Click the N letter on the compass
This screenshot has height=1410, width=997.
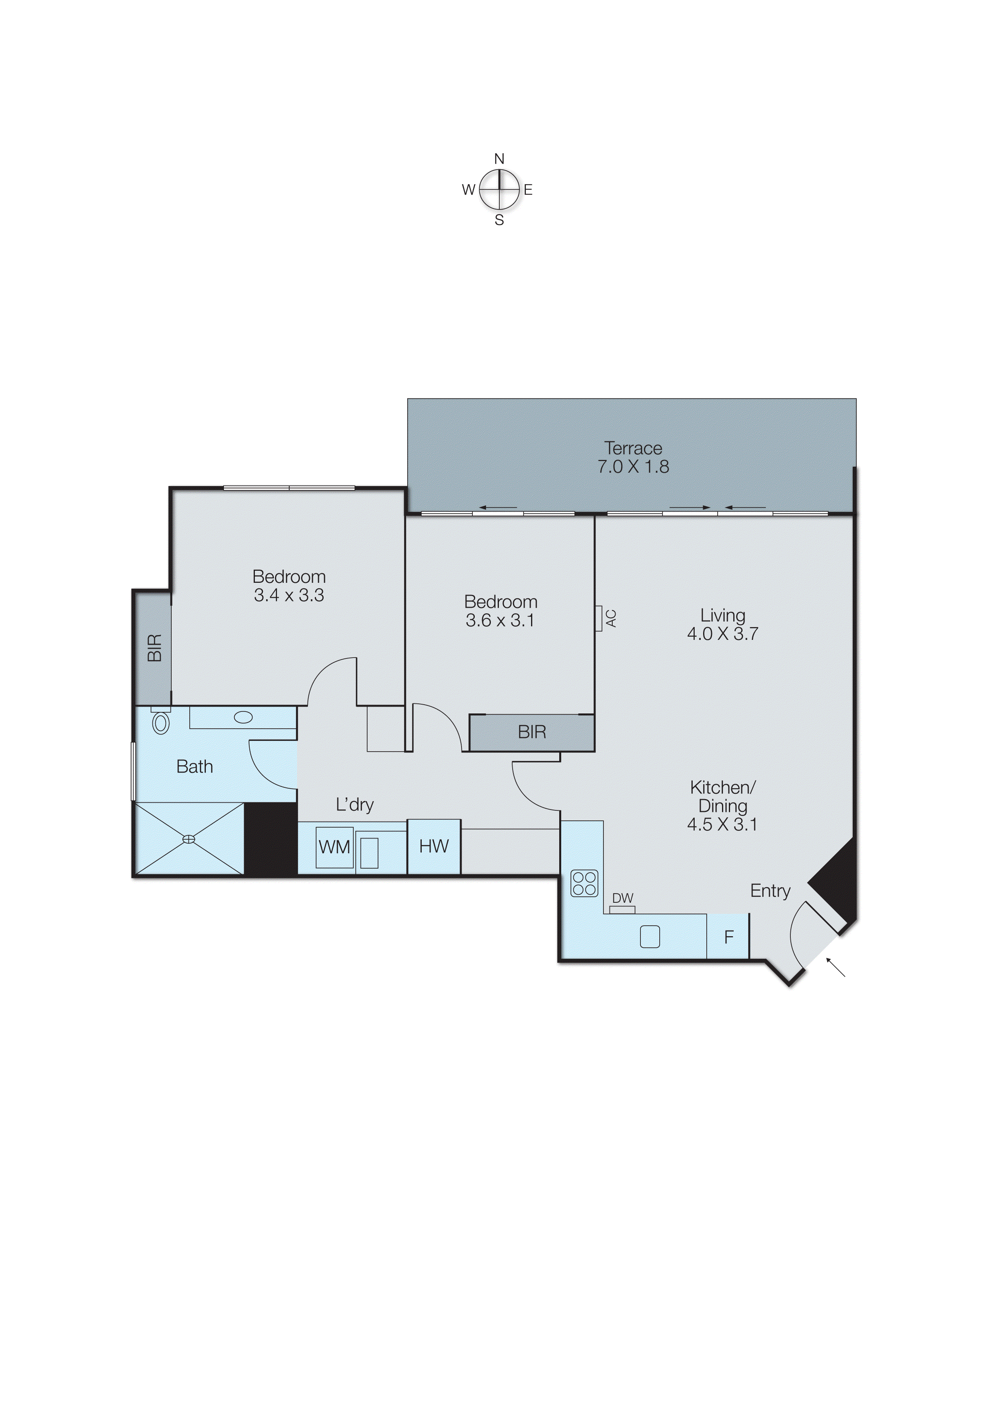point(499,159)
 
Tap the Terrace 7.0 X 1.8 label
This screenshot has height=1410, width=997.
point(633,457)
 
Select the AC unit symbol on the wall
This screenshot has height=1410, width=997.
point(598,619)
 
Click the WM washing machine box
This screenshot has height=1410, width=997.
point(334,847)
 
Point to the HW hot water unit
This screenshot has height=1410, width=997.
point(434,846)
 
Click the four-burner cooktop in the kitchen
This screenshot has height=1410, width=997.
point(584,883)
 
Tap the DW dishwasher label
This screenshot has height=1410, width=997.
point(622,898)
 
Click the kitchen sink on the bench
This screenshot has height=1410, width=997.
point(650,937)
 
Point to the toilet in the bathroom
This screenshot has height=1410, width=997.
point(161,722)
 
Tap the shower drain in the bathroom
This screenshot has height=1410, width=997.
point(189,839)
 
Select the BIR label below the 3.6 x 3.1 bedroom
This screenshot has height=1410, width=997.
point(532,732)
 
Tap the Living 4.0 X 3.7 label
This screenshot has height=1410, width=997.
point(722,625)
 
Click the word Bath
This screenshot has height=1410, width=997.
point(194,766)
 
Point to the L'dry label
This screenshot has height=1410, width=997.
point(355,805)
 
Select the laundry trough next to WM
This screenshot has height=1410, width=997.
point(369,853)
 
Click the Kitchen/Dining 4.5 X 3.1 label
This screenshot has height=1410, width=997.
point(722,806)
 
